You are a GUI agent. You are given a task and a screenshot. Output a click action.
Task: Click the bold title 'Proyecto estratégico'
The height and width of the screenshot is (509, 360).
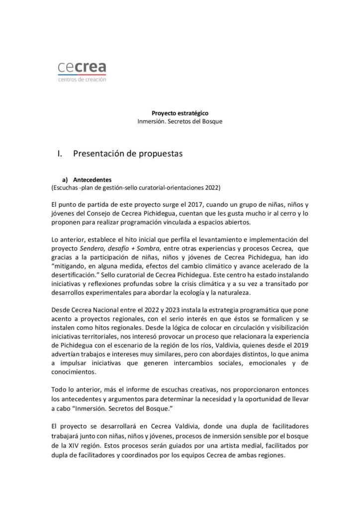176,113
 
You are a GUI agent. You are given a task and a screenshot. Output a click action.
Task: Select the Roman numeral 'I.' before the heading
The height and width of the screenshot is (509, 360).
62,154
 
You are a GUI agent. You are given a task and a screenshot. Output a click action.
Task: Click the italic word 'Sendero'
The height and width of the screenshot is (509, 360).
94,248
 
